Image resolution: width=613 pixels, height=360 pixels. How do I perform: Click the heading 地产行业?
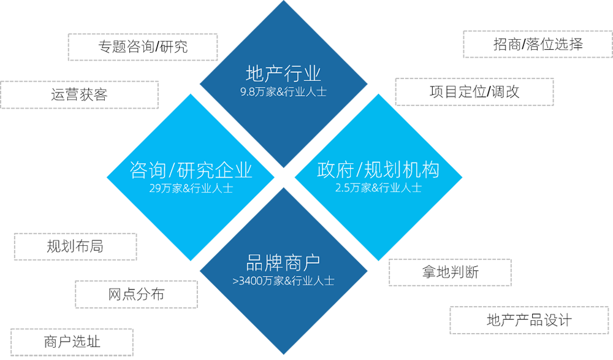[283, 74]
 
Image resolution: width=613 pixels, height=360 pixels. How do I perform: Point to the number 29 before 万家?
[154, 188]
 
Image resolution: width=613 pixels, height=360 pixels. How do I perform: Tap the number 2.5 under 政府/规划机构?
[342, 188]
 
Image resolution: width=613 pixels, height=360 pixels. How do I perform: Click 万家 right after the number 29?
[172, 188]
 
